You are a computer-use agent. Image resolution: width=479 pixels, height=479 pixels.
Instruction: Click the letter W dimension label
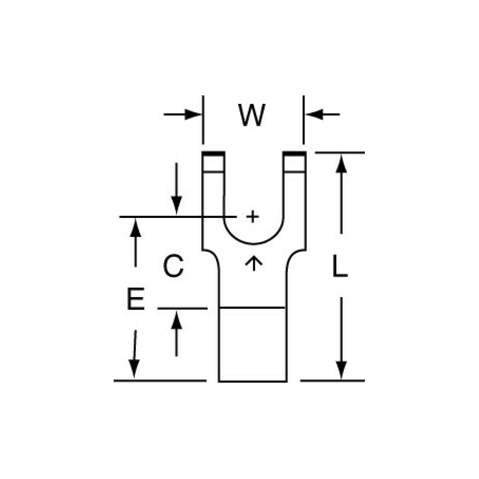[x=252, y=115]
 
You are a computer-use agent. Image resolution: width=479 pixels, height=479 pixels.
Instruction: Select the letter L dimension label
[x=340, y=266]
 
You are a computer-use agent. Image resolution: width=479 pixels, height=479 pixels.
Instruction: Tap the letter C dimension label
[x=174, y=266]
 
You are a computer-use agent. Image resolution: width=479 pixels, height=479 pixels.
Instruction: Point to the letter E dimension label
[x=136, y=298]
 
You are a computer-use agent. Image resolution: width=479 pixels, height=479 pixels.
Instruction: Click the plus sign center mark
[x=253, y=217]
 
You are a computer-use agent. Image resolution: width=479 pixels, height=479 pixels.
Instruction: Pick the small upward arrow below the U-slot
[x=254, y=263]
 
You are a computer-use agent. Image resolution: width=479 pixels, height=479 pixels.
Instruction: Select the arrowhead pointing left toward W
[x=314, y=115]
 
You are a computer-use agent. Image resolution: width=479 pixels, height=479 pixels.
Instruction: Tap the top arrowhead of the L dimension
[x=341, y=164]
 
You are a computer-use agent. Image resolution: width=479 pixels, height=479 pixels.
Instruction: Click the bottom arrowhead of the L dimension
[x=341, y=370]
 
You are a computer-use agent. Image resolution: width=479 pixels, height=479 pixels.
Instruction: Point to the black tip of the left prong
[x=213, y=153]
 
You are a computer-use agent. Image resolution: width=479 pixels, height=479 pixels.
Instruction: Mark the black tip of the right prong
[x=295, y=153]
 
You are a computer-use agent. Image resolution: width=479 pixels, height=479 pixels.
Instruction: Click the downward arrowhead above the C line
[x=176, y=205]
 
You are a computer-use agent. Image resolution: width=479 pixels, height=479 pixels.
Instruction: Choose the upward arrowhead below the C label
[x=176, y=320]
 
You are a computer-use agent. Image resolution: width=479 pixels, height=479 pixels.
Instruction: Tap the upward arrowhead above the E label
[x=136, y=228]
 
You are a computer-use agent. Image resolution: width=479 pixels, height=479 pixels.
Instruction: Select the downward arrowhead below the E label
[x=134, y=369]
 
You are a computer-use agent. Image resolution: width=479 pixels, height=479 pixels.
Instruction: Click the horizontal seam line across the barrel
[x=252, y=308]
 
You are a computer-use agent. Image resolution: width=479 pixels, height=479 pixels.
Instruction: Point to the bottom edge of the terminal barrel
[x=253, y=381]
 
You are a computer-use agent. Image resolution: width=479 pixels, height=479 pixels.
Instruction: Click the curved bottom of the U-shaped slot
[x=254, y=244]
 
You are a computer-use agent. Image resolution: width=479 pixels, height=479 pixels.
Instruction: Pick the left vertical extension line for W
[x=203, y=120]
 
